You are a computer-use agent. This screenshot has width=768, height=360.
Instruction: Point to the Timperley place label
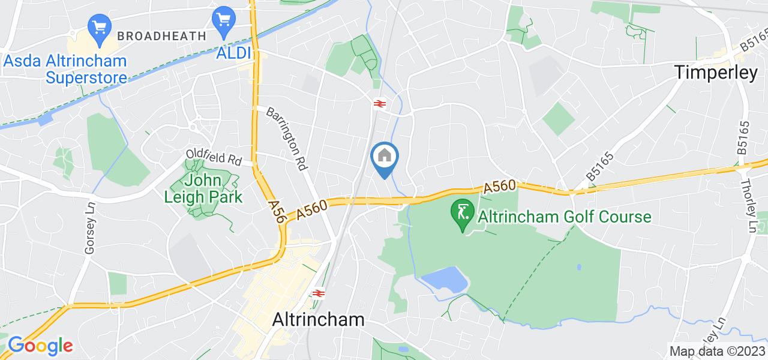click(716, 73)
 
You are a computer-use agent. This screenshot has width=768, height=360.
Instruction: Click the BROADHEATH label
click(161, 36)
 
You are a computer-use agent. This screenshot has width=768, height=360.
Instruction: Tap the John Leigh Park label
click(204, 188)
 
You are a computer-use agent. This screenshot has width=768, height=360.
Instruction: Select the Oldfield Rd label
click(213, 158)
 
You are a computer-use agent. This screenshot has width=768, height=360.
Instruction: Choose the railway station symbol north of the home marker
click(379, 104)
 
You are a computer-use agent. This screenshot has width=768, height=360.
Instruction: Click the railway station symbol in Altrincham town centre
click(318, 293)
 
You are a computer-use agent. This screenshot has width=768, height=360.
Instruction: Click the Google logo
click(40, 346)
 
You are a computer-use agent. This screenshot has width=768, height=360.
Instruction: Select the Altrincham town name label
click(318, 319)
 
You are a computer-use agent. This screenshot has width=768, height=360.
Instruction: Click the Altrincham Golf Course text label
click(564, 216)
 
